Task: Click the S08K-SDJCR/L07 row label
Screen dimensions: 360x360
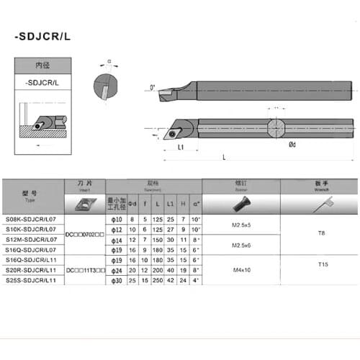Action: (x=41, y=220)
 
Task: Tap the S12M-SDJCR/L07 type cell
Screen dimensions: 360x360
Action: (x=41, y=239)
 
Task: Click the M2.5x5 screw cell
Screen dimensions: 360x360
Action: (x=241, y=225)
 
